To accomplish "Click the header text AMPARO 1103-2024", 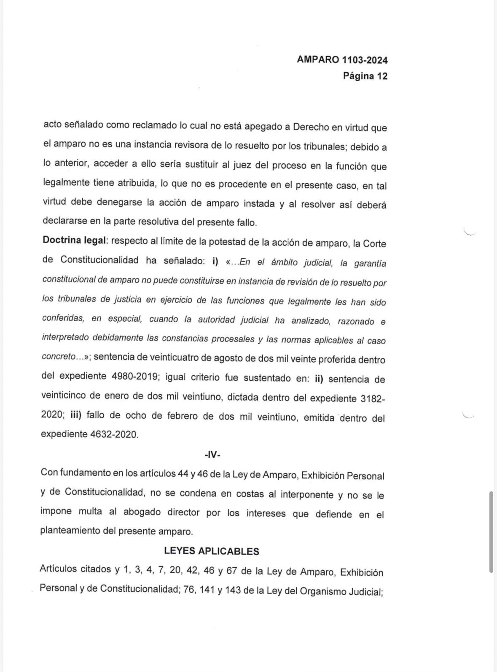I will pyautogui.click(x=342, y=60).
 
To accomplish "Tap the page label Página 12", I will pyautogui.click(x=365, y=76).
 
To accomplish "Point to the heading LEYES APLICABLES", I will pyautogui.click(x=212, y=551).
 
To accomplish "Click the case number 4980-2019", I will pyautogui.click(x=135, y=377).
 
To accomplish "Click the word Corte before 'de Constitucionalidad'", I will pyautogui.click(x=374, y=244).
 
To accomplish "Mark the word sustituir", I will pyautogui.click(x=199, y=165).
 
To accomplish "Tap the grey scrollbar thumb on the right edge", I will pyautogui.click(x=491, y=531).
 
